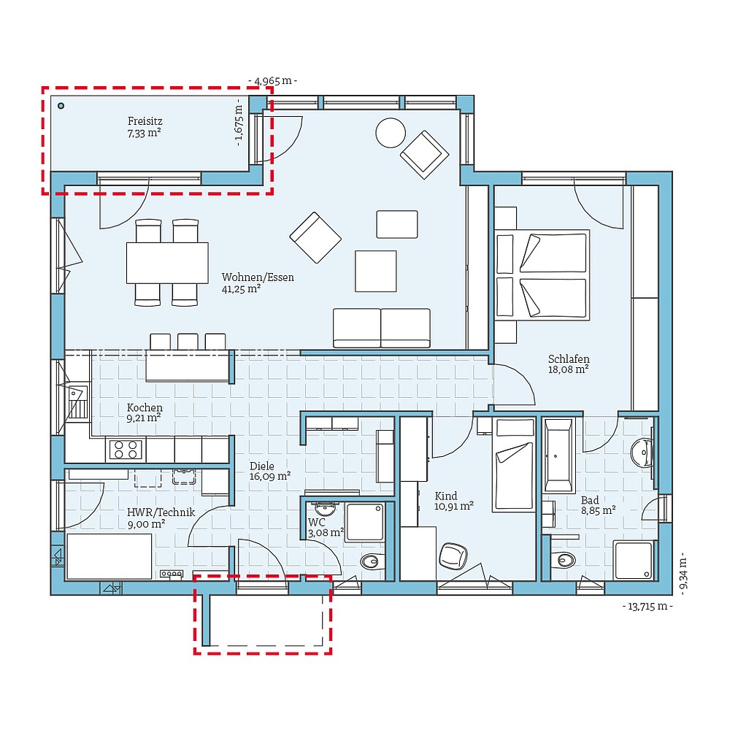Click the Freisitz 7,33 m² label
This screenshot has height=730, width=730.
pos(144,127)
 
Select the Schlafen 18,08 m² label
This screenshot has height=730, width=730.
pos(569,364)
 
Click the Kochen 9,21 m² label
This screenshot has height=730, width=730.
pos(145,412)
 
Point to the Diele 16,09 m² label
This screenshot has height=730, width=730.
pos(269,470)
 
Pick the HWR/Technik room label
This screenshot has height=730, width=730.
pos(151,517)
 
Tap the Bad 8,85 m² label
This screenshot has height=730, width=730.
pos(597,505)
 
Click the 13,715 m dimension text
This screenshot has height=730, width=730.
pos(647,606)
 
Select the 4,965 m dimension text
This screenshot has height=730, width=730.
pos(273,81)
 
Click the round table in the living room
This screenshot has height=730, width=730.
pos(390,132)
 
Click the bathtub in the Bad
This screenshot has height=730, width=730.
pos(560,454)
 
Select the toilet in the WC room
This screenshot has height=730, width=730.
pos(372,561)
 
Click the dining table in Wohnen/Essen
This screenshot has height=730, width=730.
pos(167,262)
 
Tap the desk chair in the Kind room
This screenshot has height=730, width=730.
pos(453,556)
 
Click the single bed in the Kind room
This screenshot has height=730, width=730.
pos(514,464)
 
